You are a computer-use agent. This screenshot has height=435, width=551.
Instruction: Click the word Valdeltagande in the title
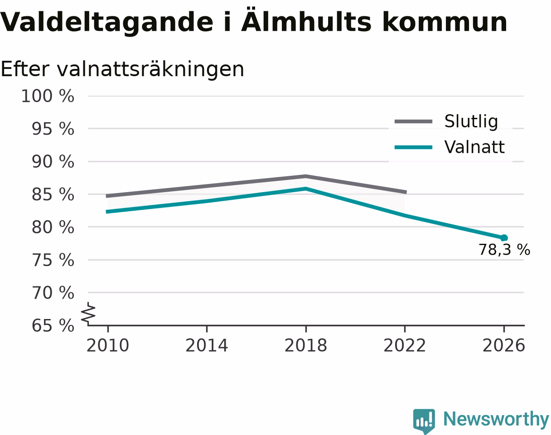click(106, 23)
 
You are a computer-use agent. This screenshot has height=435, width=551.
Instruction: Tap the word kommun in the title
click(445, 22)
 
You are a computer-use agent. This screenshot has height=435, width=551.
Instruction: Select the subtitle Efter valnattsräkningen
click(122, 70)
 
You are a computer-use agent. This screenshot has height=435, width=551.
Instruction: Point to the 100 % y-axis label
click(48, 97)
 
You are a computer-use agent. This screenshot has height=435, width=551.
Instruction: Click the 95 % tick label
click(53, 129)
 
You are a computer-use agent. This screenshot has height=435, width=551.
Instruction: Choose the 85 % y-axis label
click(53, 194)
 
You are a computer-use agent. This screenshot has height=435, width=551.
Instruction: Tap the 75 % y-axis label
click(53, 261)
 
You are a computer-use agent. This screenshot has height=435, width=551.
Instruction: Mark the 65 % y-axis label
click(53, 326)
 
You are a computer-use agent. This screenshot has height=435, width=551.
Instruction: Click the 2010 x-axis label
click(108, 346)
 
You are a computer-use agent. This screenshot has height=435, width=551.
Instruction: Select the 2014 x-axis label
click(207, 346)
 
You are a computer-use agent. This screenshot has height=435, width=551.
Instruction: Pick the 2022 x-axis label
click(405, 346)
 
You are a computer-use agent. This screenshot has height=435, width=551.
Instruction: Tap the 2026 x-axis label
click(503, 346)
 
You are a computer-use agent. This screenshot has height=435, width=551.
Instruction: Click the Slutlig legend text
click(471, 121)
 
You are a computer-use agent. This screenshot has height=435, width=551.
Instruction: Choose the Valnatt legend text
click(474, 147)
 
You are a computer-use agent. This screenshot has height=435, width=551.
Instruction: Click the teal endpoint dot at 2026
click(504, 238)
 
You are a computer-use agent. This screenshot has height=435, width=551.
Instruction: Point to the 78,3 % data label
click(504, 250)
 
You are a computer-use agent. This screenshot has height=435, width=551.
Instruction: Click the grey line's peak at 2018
click(306, 176)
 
